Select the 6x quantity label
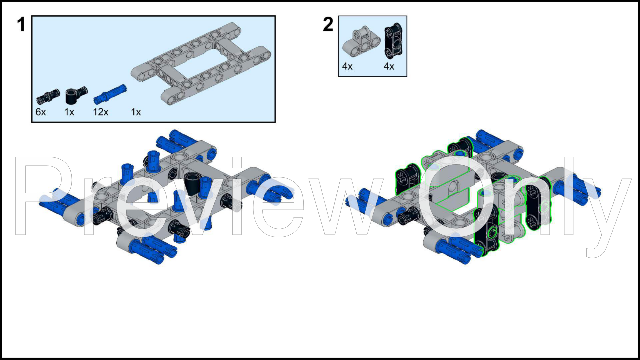(x=41, y=112)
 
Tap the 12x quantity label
(x=101, y=112)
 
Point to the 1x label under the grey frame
(x=136, y=112)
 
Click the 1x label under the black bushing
(x=69, y=112)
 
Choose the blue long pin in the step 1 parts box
(x=110, y=94)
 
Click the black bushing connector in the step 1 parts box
(x=76, y=96)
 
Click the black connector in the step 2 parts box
(x=394, y=41)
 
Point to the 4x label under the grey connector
(x=347, y=66)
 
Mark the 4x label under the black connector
(x=389, y=66)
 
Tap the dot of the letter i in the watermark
(x=237, y=162)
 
